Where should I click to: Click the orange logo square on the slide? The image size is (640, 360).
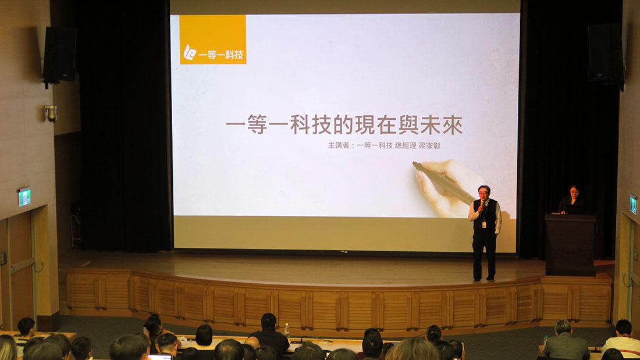pyautogui.click(x=212, y=40)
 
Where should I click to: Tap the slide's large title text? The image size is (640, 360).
pyautogui.click(x=344, y=125)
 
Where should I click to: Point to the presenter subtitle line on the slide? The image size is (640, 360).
pyautogui.click(x=383, y=145)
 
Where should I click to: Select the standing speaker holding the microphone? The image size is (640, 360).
pyautogui.click(x=485, y=233)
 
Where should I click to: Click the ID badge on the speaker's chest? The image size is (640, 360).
pyautogui.click(x=484, y=224)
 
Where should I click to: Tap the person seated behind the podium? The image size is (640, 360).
pyautogui.click(x=573, y=201)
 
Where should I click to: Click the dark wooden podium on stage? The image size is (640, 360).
pyautogui.click(x=570, y=244)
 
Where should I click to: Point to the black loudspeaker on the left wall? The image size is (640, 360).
pyautogui.click(x=59, y=56)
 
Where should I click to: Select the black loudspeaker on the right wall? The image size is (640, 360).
pyautogui.click(x=606, y=55)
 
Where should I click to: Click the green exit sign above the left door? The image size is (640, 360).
pyautogui.click(x=24, y=197)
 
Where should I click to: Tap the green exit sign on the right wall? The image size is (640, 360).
pyautogui.click(x=633, y=204)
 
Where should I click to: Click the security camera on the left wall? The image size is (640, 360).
pyautogui.click(x=51, y=113)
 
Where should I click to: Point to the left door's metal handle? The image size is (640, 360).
pyautogui.click(x=39, y=268)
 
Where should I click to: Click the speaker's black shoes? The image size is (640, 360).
pyautogui.click(x=483, y=279)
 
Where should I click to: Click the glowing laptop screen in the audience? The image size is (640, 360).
pyautogui.click(x=159, y=357)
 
